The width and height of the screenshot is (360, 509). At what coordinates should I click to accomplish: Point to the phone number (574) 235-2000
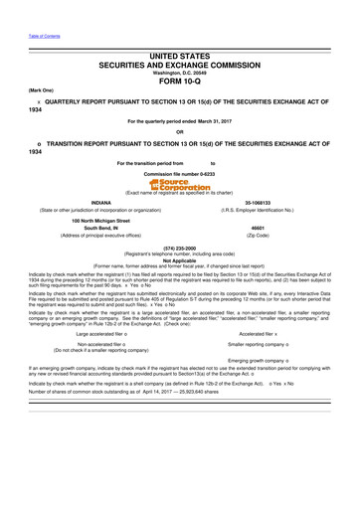click(180, 248)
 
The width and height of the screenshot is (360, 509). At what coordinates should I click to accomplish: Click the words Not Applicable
click(180, 259)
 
